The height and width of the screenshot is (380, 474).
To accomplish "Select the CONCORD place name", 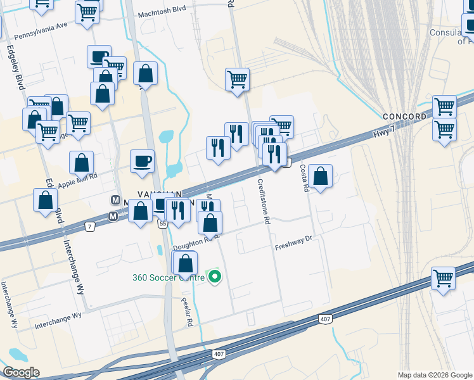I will pos(405,117).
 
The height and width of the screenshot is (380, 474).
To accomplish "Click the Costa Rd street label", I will pos(304,178).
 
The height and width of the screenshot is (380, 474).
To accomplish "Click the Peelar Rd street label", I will pos(186,312).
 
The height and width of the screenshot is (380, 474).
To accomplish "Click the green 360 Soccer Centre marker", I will pos(215,277).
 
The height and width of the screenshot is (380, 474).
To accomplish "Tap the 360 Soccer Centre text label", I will pos(169,277).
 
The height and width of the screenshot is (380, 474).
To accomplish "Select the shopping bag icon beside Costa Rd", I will pos(321,177).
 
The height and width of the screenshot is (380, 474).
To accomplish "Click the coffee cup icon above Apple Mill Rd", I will pos(143,160).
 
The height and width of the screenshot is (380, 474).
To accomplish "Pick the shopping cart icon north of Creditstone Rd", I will pos(237,79).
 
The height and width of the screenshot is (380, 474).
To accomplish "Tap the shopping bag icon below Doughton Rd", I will pos(185,262).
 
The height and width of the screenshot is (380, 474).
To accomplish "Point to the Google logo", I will pos(21,372).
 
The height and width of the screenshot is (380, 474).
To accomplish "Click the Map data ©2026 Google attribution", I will pos(434,374).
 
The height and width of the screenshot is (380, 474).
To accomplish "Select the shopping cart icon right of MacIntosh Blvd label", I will pos(87,11).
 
